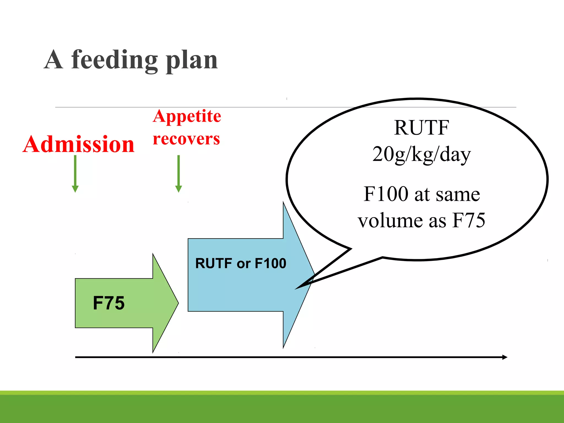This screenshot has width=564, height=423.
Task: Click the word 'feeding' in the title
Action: pos(114,60)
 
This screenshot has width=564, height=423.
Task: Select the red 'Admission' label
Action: pos(78,144)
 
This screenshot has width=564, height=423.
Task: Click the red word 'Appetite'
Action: pos(187,116)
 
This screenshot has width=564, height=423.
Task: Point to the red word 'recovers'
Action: pos(186,139)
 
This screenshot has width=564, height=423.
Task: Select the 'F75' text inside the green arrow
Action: pos(109,303)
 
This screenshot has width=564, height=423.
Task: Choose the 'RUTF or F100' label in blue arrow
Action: pos(241,263)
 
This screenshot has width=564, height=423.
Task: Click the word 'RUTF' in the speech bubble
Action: pos(421,128)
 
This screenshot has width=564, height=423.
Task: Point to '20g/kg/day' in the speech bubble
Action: pos(421,154)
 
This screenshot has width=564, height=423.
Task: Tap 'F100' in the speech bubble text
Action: pos(386,194)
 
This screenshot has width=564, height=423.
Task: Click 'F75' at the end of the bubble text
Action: pos(469,220)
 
